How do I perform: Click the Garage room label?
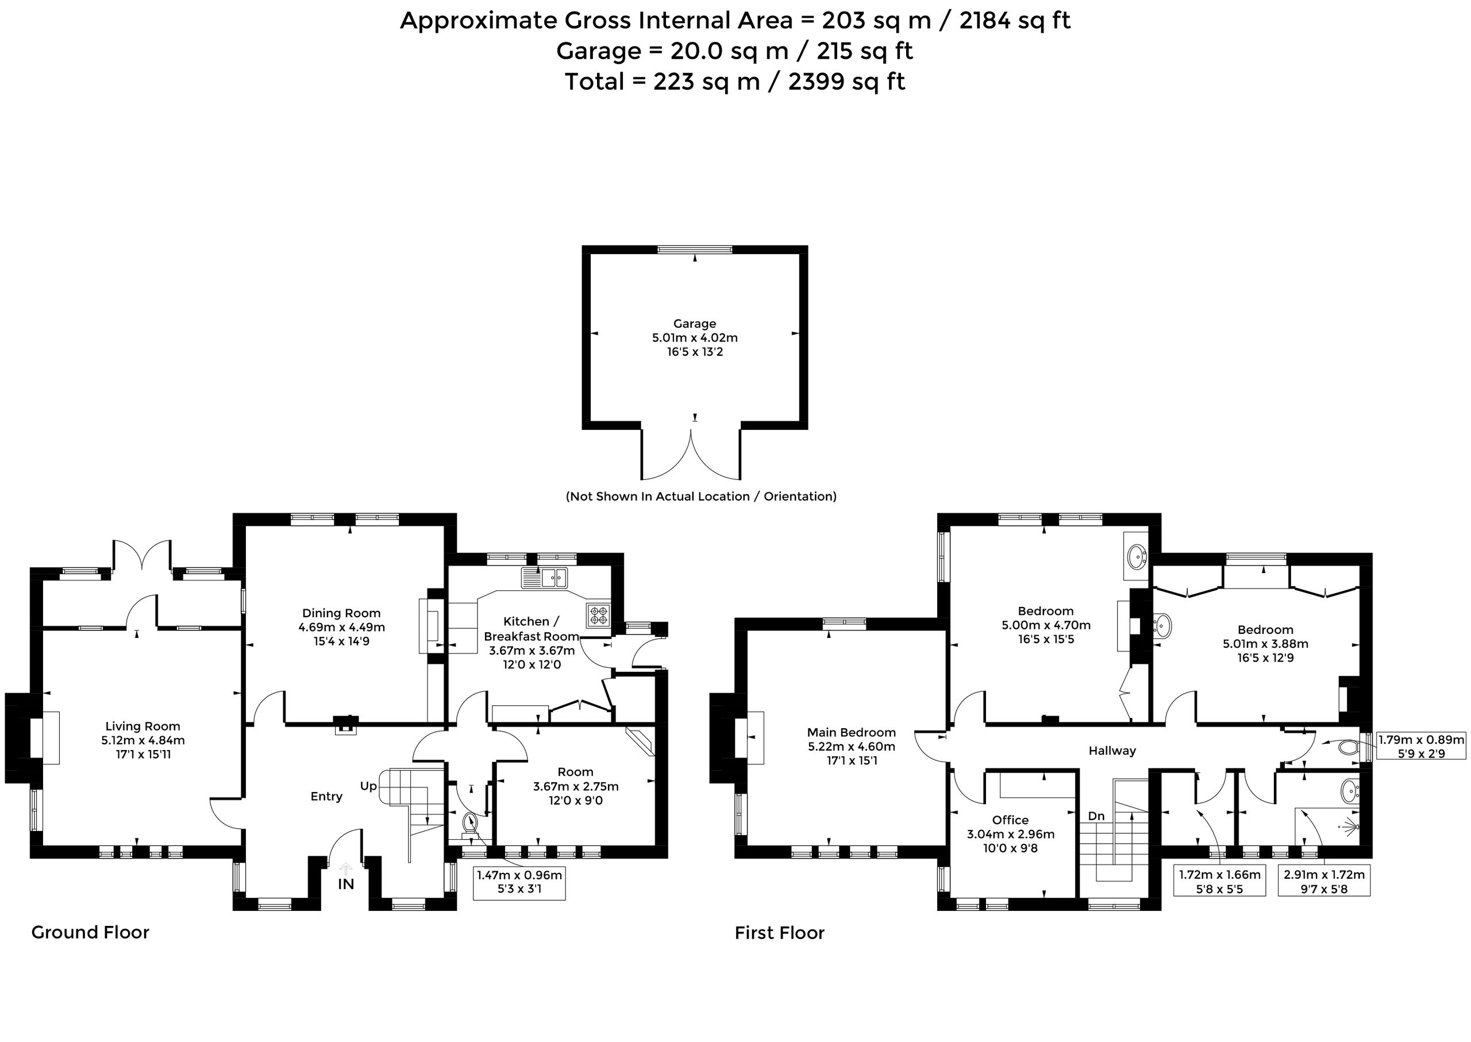click(694, 324)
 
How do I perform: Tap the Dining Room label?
click(341, 613)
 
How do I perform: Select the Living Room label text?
click(143, 726)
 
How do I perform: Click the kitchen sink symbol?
click(545, 578)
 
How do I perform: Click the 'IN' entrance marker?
click(346, 884)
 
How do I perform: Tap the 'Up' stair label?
click(368, 787)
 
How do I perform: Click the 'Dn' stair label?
click(1096, 816)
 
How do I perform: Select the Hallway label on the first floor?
click(1112, 751)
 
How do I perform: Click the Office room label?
click(1010, 820)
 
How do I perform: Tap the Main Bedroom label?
click(852, 732)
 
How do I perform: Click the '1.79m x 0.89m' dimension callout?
click(1422, 747)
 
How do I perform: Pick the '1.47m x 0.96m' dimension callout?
click(519, 882)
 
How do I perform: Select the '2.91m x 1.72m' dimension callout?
click(1324, 882)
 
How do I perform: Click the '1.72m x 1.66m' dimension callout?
click(1219, 882)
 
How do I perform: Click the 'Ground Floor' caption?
click(90, 932)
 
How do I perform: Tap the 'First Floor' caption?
click(779, 933)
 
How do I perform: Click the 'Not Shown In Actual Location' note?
click(701, 497)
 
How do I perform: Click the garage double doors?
click(692, 456)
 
